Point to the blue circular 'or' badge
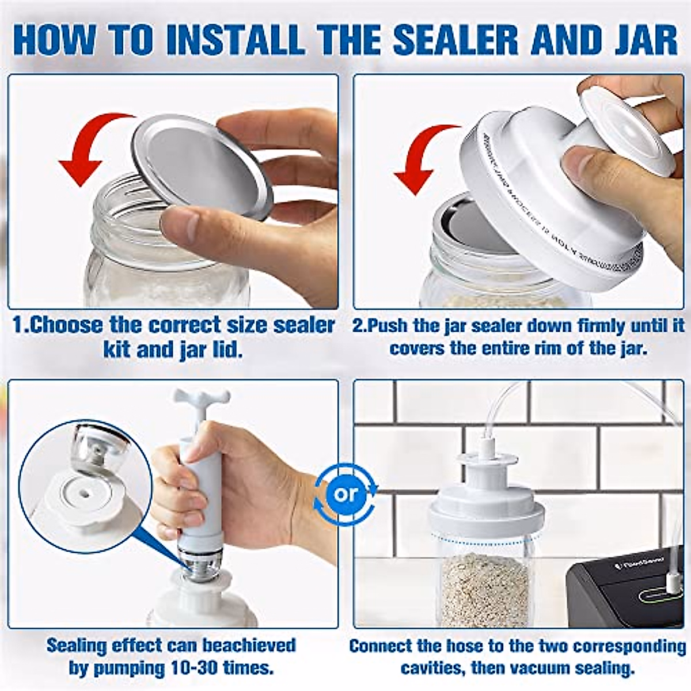point(345,493)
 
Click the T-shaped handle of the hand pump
point(202,397)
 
